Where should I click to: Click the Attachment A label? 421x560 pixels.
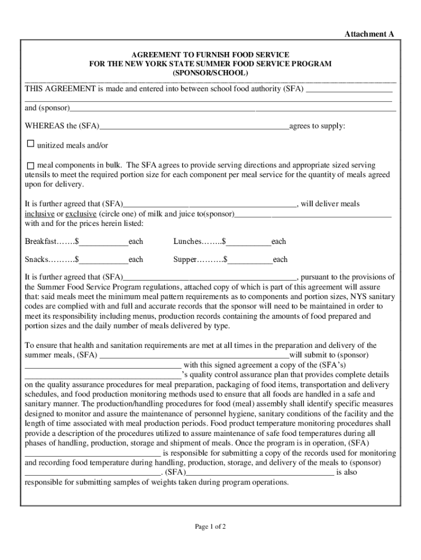coord(369,34)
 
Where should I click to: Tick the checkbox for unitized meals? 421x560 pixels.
coord(31,144)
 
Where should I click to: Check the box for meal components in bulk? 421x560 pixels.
coord(31,166)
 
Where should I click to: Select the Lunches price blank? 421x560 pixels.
coord(249,242)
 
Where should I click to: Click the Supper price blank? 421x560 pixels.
coord(250,260)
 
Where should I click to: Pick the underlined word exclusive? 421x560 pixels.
coord(81,213)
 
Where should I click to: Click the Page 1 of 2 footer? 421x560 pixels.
coord(210,527)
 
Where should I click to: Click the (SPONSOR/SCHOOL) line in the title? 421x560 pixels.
coord(210,73)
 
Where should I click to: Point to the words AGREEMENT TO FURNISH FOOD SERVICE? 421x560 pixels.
coord(210,55)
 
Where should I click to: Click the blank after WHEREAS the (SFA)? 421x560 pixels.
coord(194,126)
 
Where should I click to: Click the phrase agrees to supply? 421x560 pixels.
coord(317,126)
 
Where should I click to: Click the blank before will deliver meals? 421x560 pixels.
coord(209,204)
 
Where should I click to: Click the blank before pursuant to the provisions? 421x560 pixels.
coord(209,277)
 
